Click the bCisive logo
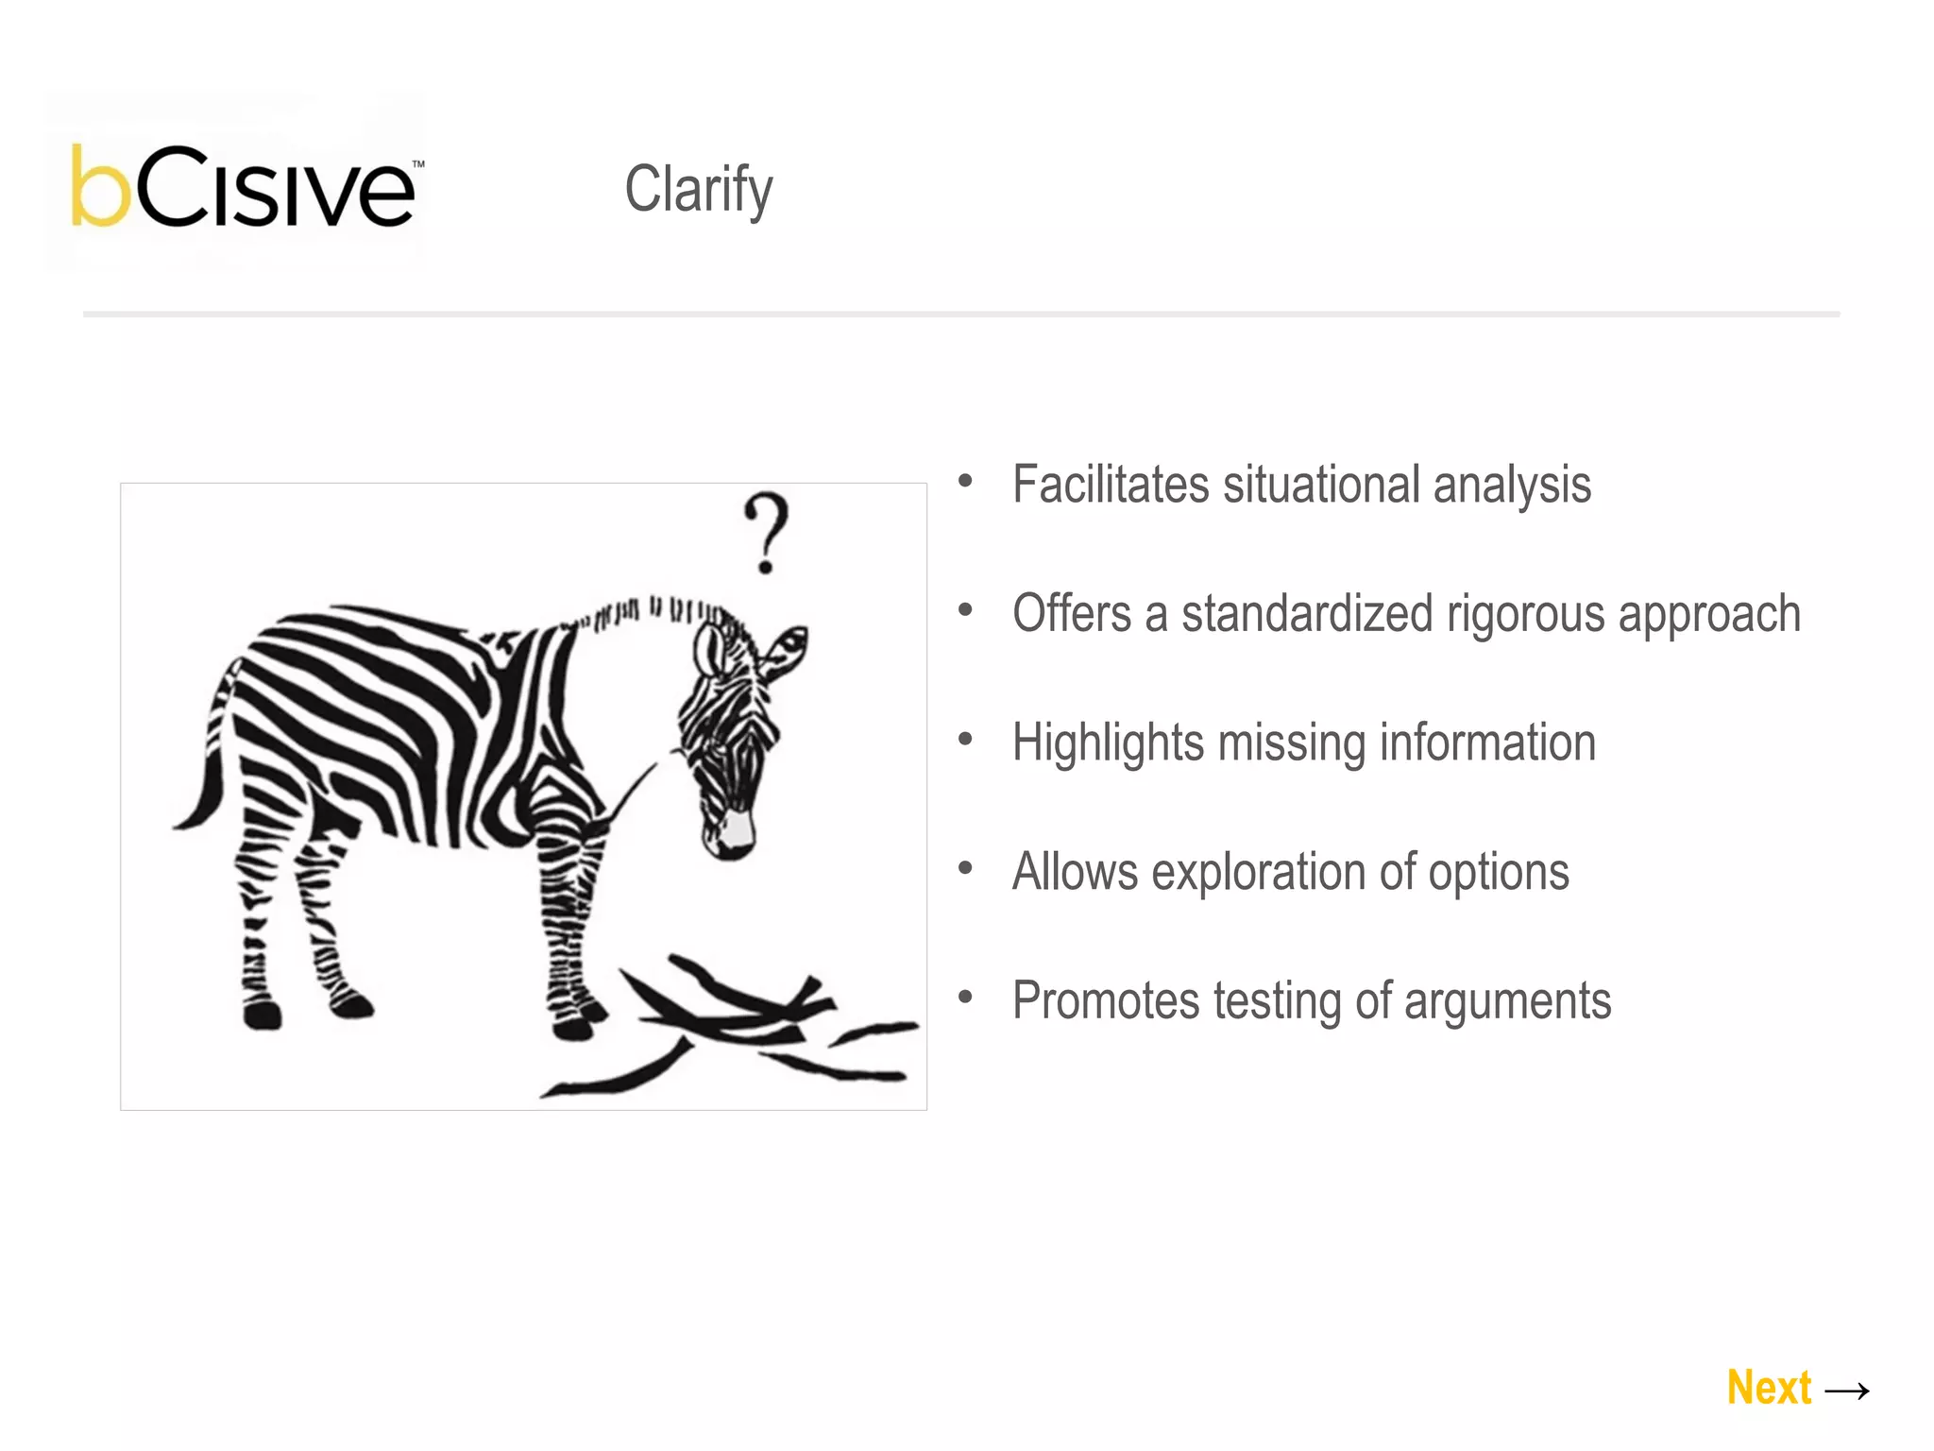click(244, 187)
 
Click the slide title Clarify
click(698, 190)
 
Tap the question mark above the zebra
click(766, 531)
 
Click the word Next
click(1769, 1388)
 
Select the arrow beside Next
click(1847, 1391)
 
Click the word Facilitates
click(1110, 485)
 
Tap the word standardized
click(1307, 613)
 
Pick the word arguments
click(1507, 1001)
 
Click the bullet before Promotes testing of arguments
click(964, 997)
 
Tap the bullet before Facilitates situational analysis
click(964, 481)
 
